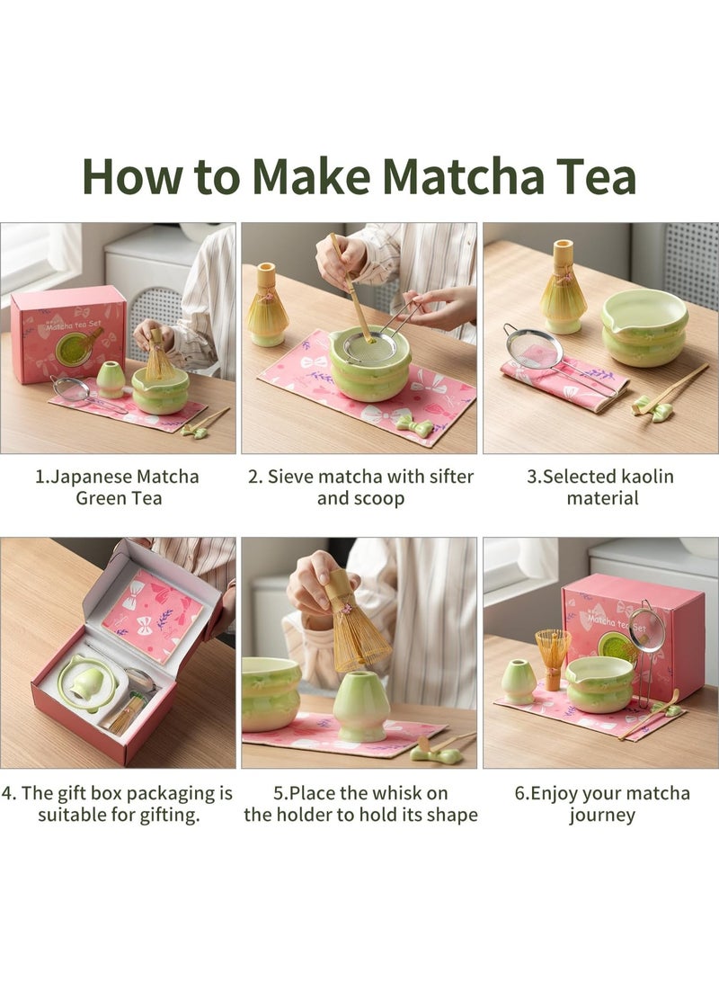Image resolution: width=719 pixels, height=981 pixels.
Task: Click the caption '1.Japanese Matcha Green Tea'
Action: coord(118,486)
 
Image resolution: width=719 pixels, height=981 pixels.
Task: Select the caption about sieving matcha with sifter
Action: coord(359,486)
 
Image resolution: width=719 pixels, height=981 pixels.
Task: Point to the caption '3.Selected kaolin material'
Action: coord(600,486)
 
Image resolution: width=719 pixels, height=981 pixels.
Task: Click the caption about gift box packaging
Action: coord(118,804)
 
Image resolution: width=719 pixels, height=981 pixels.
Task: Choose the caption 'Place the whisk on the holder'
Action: coord(359,804)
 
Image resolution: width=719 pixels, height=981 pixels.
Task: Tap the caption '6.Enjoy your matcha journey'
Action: coord(601,804)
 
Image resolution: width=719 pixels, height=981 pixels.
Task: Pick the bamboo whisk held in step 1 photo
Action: coord(160,359)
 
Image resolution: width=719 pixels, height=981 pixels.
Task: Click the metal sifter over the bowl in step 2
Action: coord(371,345)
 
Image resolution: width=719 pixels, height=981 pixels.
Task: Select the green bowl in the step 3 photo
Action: coord(644,329)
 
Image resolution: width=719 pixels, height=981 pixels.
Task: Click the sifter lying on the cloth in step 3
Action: coord(534,348)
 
